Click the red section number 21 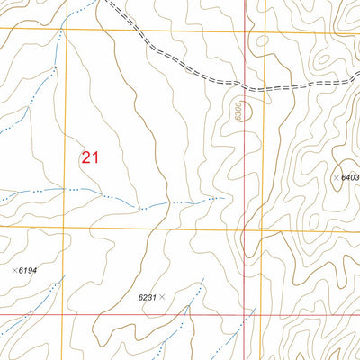(x=89, y=157)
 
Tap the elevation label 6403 (x=350, y=178)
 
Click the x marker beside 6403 (x=337, y=178)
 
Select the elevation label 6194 (x=30, y=270)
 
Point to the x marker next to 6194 (x=14, y=270)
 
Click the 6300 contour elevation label (x=238, y=110)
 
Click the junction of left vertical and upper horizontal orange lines (x=64, y=28)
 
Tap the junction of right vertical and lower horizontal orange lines (x=266, y=229)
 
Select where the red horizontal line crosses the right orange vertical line (x=265, y=316)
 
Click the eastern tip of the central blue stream (x=222, y=196)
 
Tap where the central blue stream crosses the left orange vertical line (x=63, y=190)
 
